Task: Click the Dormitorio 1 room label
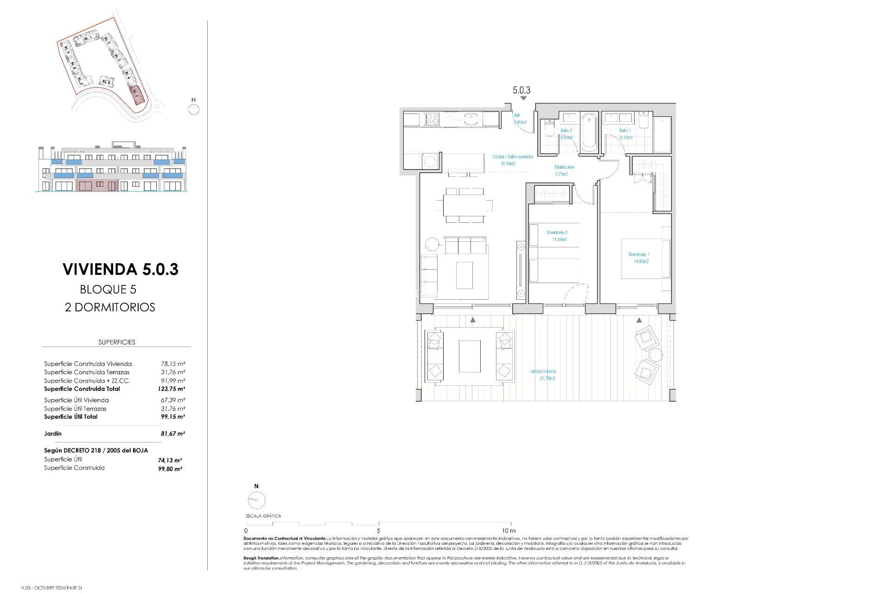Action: coord(639,258)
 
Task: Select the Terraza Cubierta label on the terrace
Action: coord(543,375)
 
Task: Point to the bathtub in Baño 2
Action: coord(589,132)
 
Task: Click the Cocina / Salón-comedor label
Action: coord(512,160)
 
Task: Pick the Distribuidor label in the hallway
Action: coord(564,170)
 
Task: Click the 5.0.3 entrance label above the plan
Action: coord(521,90)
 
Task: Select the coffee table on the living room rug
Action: coord(464,275)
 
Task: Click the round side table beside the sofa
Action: coord(432,244)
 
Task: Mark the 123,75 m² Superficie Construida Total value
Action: coord(172,389)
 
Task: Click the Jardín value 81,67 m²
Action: coord(172,434)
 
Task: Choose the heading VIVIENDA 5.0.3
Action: coord(121,269)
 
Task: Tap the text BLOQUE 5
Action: coord(108,290)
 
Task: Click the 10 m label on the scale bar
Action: coord(509,530)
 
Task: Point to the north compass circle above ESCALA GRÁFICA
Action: coord(256,500)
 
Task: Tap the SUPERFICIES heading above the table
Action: coord(117,342)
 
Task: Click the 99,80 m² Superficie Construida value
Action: coord(170,469)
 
